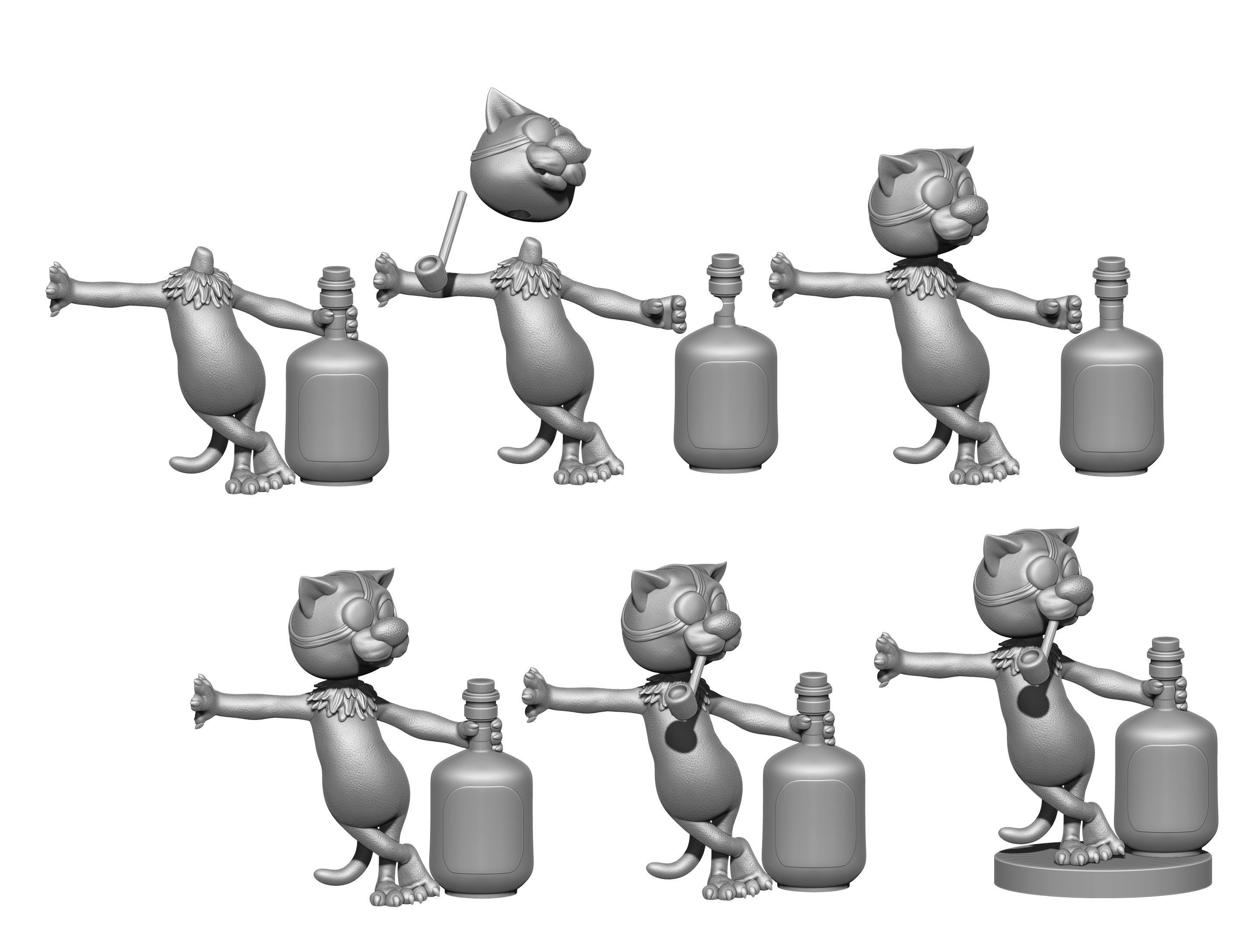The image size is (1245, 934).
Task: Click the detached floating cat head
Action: point(526,163)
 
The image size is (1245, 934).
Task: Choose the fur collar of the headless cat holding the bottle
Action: point(197,287)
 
